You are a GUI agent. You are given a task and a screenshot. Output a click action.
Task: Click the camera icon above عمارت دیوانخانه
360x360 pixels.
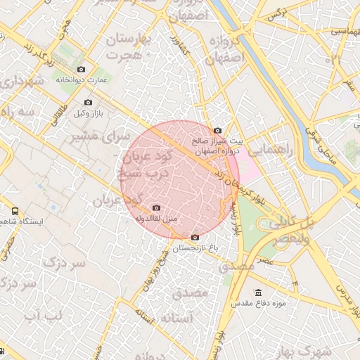82,70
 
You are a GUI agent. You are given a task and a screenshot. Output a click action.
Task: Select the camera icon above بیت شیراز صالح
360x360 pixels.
217,130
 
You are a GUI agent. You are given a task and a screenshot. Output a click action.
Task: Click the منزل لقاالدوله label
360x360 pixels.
156,219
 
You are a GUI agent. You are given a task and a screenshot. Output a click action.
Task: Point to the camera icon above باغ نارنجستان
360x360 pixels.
195,238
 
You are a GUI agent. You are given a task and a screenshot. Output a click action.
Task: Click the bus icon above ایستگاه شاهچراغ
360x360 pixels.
15,210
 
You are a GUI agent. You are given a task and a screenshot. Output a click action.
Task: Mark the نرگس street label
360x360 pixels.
278,13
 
